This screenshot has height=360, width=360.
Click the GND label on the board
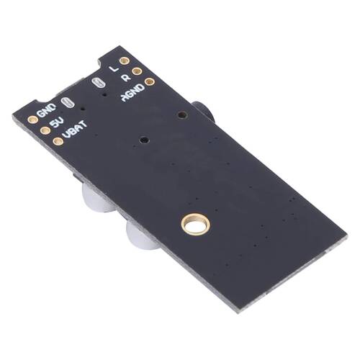click(46, 111)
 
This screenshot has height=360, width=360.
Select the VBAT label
click(74, 130)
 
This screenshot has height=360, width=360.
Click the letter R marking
click(125, 77)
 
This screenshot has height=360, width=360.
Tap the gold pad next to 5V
click(45, 130)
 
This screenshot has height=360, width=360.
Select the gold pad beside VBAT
click(58, 141)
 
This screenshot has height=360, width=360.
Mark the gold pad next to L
click(125, 61)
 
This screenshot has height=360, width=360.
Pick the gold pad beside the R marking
click(137, 71)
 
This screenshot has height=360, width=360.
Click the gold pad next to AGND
click(149, 81)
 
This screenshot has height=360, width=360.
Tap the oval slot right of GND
click(68, 103)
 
